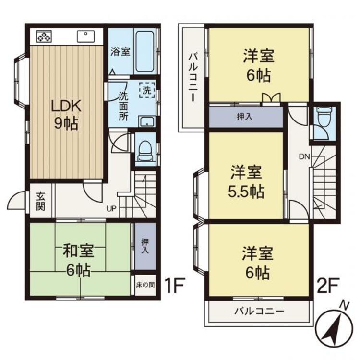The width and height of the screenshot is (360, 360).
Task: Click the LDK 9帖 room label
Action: (66, 115)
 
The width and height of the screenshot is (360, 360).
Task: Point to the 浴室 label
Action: (120, 51)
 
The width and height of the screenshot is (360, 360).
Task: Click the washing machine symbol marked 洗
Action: (147, 90)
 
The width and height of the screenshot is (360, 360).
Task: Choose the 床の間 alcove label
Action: (145, 285)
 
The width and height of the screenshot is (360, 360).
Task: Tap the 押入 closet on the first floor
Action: (145, 246)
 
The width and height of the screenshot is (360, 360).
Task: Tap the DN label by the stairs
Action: (304, 156)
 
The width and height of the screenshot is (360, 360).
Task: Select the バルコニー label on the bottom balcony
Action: (259, 311)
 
